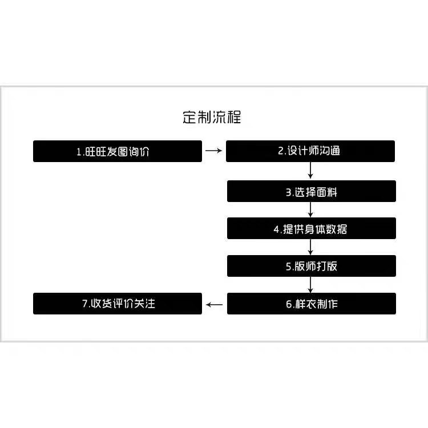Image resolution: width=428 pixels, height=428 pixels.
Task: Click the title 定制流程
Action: pos(212,118)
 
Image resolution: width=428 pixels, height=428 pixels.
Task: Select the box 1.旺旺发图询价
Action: pos(118,151)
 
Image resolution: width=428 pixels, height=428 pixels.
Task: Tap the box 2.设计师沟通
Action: pos(310,151)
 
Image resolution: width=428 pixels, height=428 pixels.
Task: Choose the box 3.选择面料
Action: pos(312,191)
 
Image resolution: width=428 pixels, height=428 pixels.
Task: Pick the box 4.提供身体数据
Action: pos(312,228)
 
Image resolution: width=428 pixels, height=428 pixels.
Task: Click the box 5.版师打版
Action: pos(312,266)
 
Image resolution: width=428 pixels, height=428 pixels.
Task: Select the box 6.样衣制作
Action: pos(312,304)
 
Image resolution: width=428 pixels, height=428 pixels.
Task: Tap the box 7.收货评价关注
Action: pos(118,304)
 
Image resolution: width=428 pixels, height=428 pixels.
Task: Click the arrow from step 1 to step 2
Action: pos(214,151)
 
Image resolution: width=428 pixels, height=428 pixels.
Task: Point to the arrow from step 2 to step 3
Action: pos(310,171)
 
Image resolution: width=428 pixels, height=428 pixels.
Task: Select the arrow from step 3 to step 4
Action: pos(310,209)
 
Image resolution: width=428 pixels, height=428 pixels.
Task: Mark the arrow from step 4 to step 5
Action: pos(310,247)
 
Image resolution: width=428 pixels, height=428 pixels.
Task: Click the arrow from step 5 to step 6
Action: pos(310,285)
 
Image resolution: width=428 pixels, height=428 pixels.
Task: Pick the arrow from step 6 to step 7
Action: pos(214,304)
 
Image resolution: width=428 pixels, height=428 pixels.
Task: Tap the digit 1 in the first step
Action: pos(79,152)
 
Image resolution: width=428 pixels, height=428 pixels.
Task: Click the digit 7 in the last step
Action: pos(85,304)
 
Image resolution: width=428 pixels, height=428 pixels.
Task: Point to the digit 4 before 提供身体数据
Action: pos(277,229)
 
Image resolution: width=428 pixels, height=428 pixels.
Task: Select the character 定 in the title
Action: pos(189,118)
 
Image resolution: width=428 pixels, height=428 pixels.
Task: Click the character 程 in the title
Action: pos(234,118)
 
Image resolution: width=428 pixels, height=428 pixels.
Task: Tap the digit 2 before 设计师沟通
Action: pos(281,151)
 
